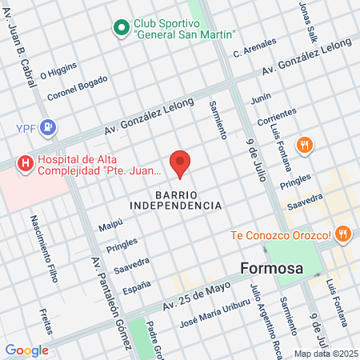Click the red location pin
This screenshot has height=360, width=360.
tap(181, 162)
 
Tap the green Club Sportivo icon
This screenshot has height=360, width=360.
tap(122, 28)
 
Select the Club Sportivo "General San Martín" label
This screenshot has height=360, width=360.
tap(186, 28)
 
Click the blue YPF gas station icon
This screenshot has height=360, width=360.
tap(50, 126)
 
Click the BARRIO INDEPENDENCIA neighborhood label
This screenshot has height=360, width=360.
tap(188, 200)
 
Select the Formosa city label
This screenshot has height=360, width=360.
tap(273, 267)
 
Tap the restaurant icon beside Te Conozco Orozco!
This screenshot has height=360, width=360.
tap(343, 234)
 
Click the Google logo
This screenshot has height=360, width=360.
tap(26, 350)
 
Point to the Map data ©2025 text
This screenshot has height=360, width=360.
tap(325, 353)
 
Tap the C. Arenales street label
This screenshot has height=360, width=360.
tap(254, 47)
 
